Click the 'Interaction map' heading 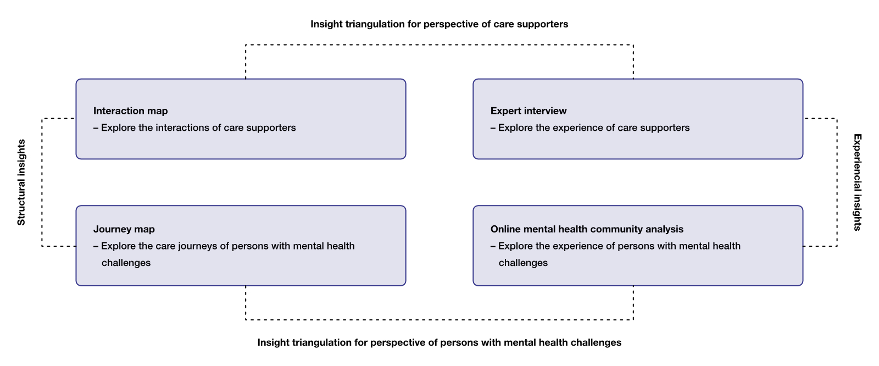tap(130, 111)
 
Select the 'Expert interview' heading tap(528, 111)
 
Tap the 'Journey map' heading tap(124, 229)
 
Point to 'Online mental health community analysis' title tap(587, 229)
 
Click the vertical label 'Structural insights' tap(21, 182)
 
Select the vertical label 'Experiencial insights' tap(857, 182)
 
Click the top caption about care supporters tap(439, 24)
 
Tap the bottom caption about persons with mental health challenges tap(439, 342)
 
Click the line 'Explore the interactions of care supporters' tap(198, 128)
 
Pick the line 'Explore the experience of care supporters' tap(593, 128)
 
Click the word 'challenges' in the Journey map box tap(126, 263)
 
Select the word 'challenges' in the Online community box tap(523, 263)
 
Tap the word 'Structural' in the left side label tap(21, 202)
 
